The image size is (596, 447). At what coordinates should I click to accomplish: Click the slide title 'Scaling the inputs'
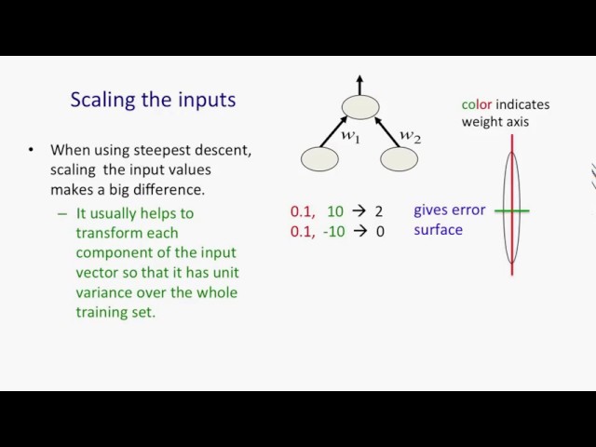click(153, 101)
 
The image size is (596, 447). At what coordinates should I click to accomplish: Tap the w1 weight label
click(350, 136)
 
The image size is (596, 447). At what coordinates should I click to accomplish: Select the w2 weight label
click(411, 136)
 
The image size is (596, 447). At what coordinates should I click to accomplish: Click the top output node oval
click(360, 107)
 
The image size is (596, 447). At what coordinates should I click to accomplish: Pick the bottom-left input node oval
click(319, 159)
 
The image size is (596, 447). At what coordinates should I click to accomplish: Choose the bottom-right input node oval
click(400, 159)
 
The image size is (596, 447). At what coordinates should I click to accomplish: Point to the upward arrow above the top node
click(360, 85)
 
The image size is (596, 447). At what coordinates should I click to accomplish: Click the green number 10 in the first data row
click(335, 211)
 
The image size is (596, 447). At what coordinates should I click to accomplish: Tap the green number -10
click(333, 231)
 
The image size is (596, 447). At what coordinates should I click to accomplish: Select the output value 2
click(379, 211)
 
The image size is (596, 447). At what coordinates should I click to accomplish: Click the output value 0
click(380, 231)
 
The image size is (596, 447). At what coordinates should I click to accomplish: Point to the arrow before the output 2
click(359, 211)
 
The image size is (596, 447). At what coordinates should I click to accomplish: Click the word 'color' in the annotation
click(477, 104)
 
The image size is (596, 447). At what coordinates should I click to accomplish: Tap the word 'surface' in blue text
click(439, 230)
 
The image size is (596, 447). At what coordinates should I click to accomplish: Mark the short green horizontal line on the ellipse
click(511, 210)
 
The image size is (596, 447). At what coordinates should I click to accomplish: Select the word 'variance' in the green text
click(103, 292)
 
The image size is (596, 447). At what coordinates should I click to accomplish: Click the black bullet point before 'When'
click(31, 150)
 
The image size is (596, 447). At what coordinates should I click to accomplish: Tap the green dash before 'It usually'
click(62, 214)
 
